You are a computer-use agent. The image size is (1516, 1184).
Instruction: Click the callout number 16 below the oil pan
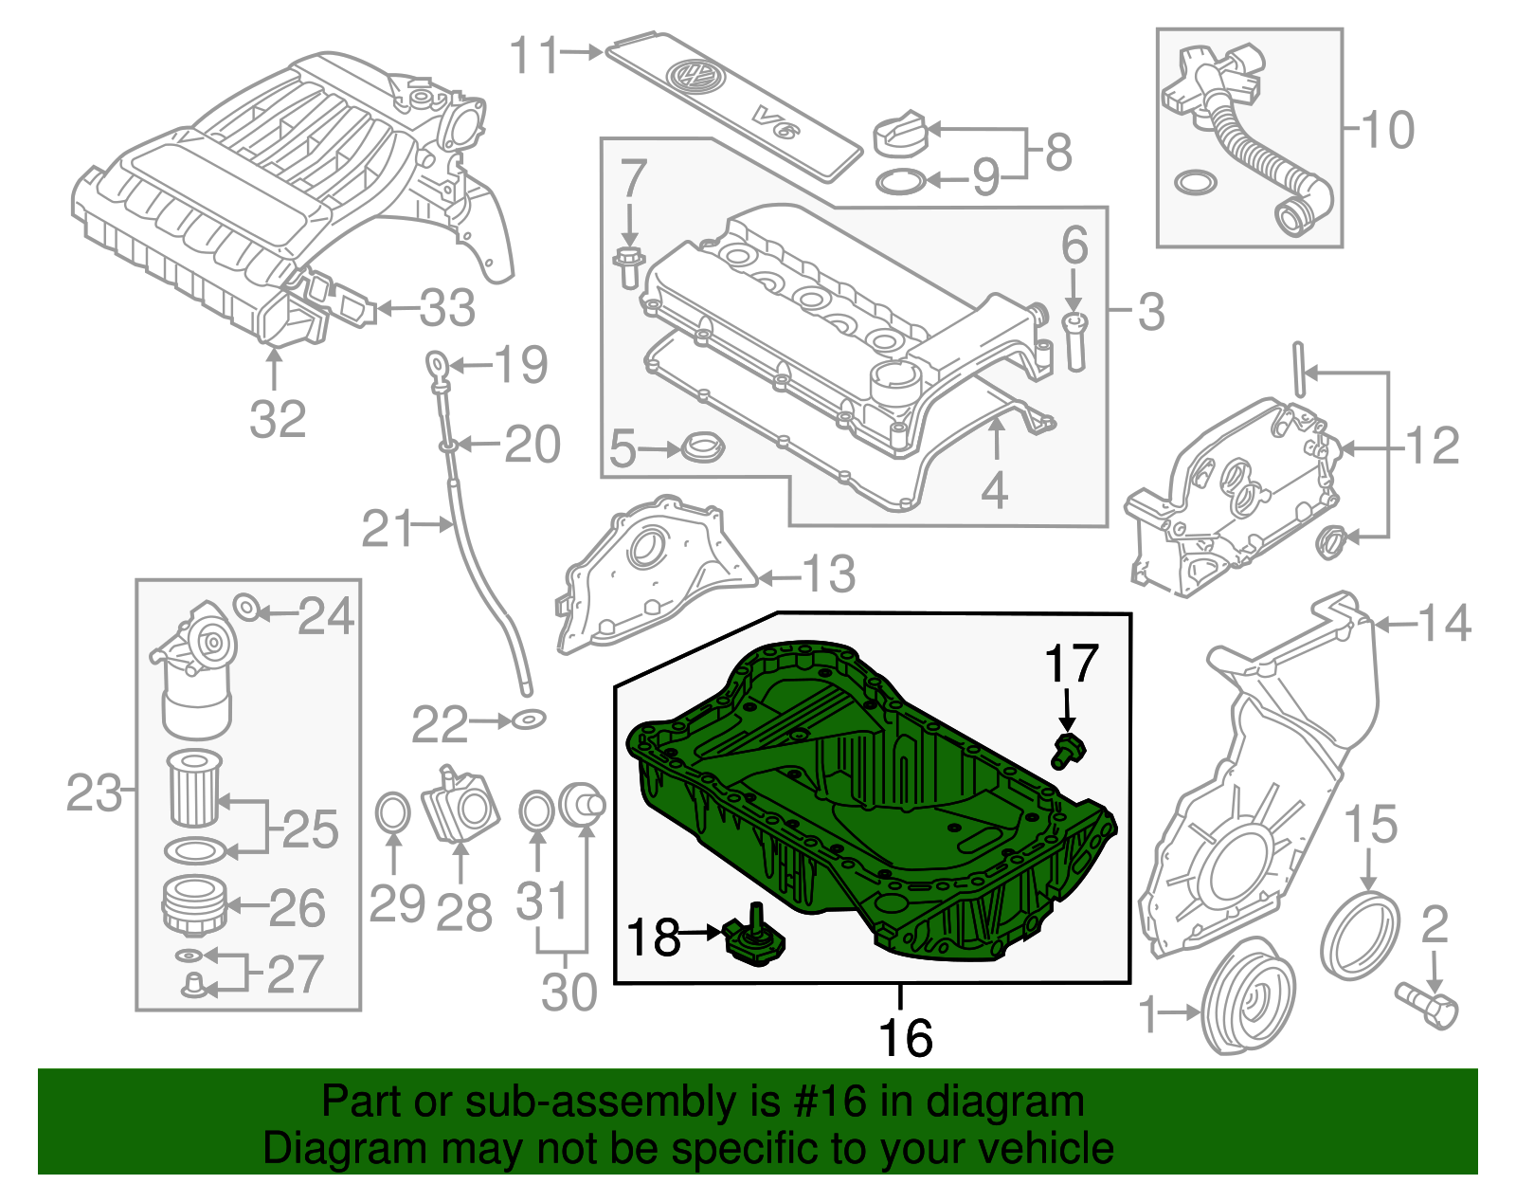pos(906,1037)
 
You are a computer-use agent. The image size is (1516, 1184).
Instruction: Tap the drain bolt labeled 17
pos(1068,751)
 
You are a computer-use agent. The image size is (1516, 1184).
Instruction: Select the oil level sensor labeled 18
pos(754,944)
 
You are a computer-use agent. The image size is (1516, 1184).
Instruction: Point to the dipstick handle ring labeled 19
pos(435,363)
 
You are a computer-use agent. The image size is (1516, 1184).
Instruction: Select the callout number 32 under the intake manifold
pos(278,419)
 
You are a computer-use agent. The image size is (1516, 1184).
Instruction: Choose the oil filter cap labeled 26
pos(193,905)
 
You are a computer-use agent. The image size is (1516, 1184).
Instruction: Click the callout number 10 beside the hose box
pos(1388,130)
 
